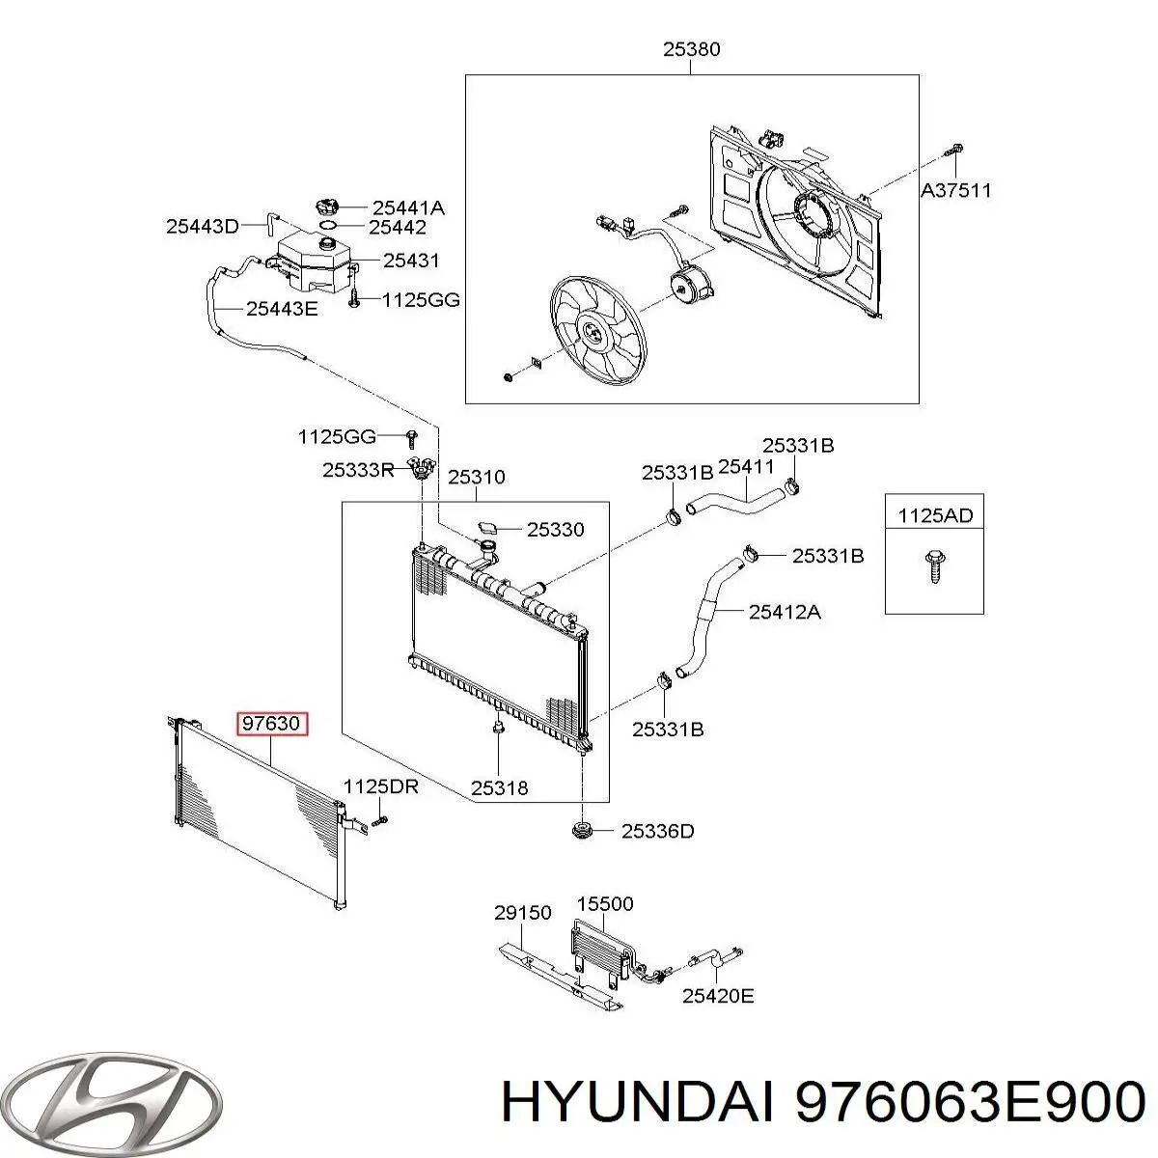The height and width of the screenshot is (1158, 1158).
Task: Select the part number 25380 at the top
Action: tap(691, 50)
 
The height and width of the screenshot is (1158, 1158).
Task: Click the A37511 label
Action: tap(955, 190)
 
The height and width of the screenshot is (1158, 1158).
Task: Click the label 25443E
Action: tap(282, 309)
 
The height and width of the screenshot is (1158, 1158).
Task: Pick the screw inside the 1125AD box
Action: tap(934, 566)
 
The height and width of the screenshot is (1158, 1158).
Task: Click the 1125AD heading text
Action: tap(935, 515)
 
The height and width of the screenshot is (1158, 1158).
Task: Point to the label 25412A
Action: tap(785, 611)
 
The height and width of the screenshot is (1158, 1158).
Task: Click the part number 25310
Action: tap(476, 477)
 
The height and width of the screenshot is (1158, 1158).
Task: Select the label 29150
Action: tap(522, 912)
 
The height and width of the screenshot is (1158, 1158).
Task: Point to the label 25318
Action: tap(500, 787)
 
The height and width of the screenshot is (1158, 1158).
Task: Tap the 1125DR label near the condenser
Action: tap(381, 786)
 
